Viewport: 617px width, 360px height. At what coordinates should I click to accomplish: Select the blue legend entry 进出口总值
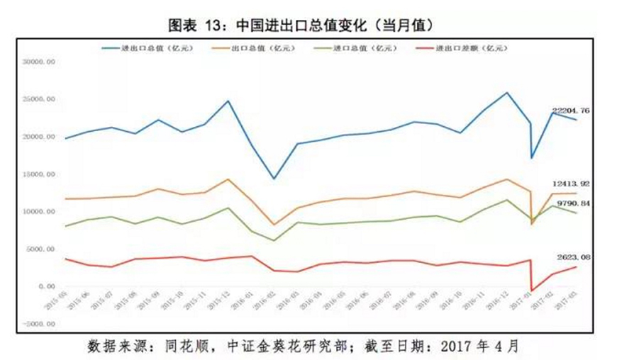(145, 48)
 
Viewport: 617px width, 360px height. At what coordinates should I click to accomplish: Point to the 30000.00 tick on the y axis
(40, 62)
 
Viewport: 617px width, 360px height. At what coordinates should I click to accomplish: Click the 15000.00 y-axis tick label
(40, 174)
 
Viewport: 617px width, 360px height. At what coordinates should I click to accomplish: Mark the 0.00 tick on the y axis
(46, 286)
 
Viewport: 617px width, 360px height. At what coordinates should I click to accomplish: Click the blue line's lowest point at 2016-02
(274, 179)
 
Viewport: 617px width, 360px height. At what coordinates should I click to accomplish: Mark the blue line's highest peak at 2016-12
(506, 93)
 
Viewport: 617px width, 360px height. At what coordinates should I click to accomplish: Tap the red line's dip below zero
(532, 291)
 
